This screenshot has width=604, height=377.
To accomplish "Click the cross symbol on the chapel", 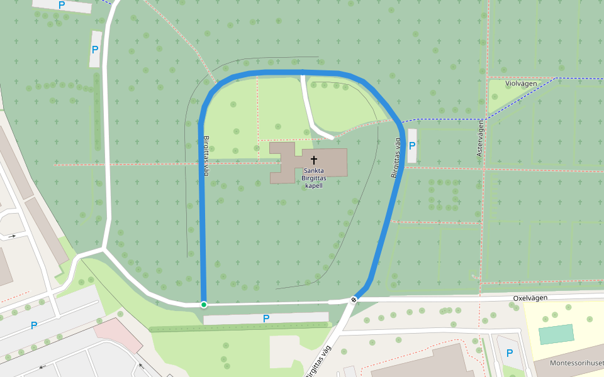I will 313,160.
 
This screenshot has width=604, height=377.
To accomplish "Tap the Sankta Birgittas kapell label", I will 313,178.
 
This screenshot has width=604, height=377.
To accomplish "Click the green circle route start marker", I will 204,305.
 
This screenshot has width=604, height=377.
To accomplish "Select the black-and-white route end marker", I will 354,300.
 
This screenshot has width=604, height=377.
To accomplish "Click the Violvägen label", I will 521,83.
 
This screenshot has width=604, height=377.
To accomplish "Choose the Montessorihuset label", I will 576,363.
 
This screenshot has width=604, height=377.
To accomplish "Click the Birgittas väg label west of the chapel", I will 205,155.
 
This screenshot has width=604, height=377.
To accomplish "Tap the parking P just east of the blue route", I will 412,145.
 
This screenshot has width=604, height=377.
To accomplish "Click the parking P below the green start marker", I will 266,319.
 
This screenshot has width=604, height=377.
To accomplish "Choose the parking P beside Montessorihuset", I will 510,353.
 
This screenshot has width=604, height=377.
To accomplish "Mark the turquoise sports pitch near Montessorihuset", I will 556,334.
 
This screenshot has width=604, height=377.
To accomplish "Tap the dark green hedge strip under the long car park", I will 239,327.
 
